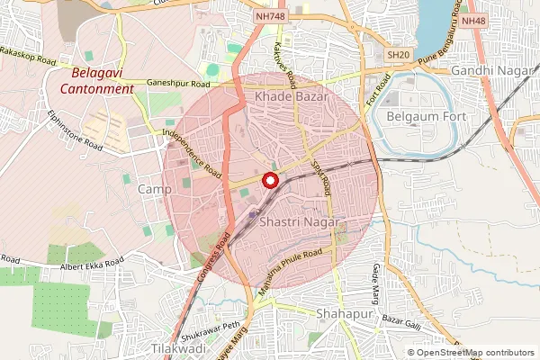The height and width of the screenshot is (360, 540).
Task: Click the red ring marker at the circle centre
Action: click(269, 180)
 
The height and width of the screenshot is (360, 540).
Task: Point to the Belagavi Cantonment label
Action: click(97, 81)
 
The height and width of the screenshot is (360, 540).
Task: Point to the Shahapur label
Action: click(344, 312)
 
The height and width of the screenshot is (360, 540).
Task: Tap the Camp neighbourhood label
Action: click(154, 189)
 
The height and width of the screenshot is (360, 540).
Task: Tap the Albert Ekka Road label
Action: click(91, 266)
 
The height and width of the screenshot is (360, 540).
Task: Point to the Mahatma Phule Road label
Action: click(291, 264)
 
